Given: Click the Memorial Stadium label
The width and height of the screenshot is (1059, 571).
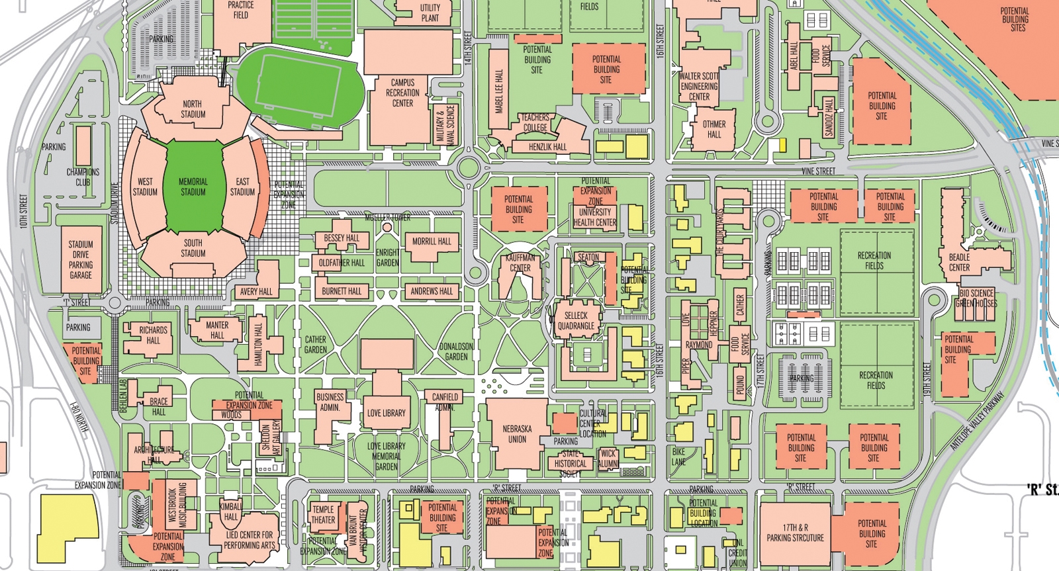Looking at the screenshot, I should tap(193, 187).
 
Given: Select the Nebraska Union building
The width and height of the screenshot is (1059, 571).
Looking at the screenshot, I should tap(517, 433).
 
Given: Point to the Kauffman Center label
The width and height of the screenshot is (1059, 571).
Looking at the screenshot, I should tap(520, 263).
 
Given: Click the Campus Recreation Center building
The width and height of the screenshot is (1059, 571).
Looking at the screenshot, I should tap(402, 93).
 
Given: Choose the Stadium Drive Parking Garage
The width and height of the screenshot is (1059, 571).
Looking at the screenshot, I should tap(81, 259).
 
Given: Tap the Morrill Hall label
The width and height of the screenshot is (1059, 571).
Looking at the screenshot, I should tap(432, 242).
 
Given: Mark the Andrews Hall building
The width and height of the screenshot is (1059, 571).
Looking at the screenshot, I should tap(432, 290).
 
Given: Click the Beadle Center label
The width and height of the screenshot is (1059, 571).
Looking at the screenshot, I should tap(959, 262).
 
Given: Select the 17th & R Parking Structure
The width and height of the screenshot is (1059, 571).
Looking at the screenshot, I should tap(795, 533).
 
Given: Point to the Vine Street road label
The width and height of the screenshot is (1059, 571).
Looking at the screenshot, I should tap(818, 171).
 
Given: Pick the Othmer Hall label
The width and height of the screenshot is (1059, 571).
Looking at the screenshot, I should tap(714, 129).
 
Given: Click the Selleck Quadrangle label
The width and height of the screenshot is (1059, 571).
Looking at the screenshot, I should tap(576, 321).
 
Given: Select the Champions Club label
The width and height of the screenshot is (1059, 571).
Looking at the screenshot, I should tap(83, 177).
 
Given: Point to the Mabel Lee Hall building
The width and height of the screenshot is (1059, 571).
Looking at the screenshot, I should tap(498, 91).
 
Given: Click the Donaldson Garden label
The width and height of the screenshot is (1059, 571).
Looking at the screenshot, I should tap(457, 351).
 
